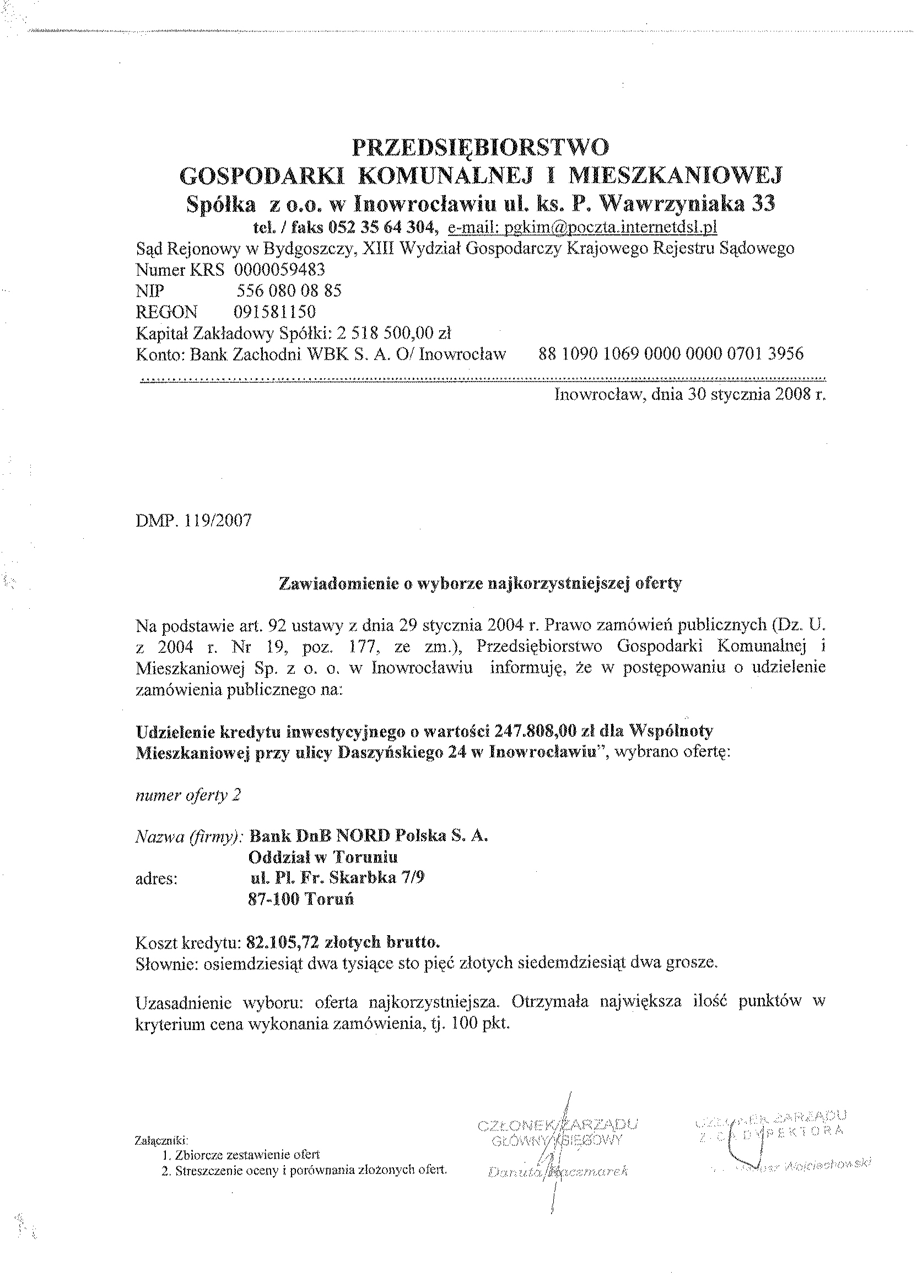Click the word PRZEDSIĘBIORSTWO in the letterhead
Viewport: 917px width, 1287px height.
(481, 147)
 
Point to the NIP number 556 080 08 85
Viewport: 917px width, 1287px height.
(289, 291)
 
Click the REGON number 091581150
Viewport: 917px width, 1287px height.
(274, 312)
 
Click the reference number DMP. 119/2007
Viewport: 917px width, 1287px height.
(193, 521)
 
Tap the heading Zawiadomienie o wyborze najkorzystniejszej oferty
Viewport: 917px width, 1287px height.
(481, 583)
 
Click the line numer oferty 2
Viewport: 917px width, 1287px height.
(188, 795)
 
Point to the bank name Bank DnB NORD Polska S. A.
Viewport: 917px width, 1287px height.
(368, 835)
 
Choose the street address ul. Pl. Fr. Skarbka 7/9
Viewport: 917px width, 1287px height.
(337, 878)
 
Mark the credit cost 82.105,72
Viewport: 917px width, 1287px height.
(282, 942)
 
